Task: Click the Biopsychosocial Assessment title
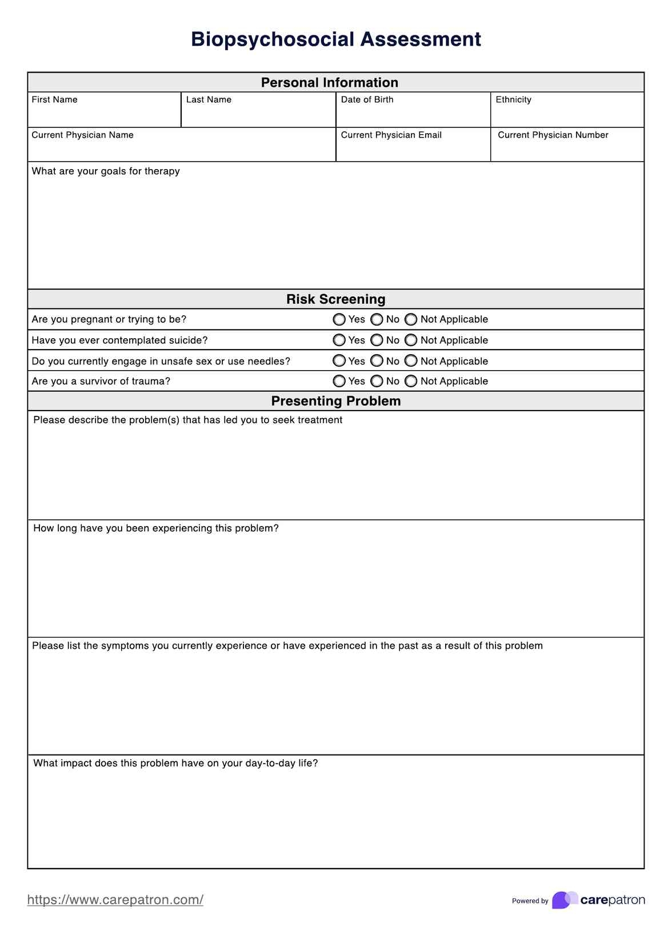336,39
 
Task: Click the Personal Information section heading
330,82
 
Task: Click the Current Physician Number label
553,135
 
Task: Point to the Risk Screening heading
336,299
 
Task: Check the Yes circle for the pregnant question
339,319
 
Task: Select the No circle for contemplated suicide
377,340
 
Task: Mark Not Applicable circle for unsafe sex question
411,361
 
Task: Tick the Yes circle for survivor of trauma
339,381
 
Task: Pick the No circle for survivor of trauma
377,381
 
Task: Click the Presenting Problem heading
336,401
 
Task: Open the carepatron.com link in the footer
115,900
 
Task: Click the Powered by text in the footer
530,901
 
